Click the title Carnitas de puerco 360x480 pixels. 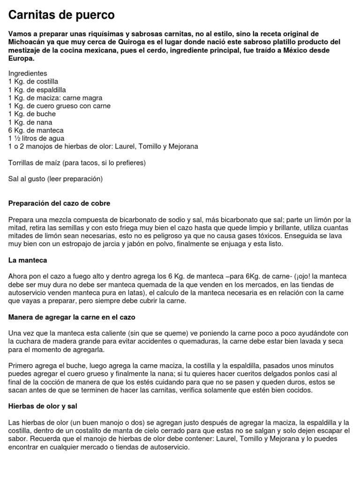tap(61, 15)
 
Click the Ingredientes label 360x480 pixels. tap(28, 74)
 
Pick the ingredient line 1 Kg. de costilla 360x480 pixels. tap(33, 82)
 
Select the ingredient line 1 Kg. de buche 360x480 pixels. tap(32, 114)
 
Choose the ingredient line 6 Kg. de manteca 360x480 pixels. tap(36, 130)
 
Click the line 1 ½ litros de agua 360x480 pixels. tap(37, 138)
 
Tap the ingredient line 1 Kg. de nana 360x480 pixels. tap(30, 122)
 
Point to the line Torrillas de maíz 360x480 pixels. tap(77, 163)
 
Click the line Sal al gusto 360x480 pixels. tap(55, 179)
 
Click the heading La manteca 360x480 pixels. tap(28, 260)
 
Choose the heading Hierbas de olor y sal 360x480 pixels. tap(43, 405)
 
